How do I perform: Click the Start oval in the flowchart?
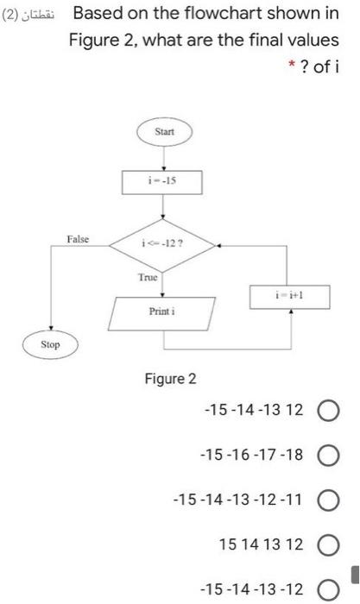164,132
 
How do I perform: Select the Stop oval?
52,345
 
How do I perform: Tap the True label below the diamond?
148,278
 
